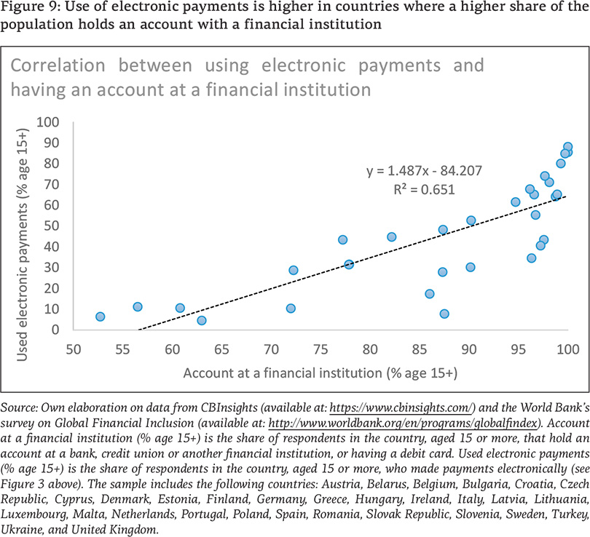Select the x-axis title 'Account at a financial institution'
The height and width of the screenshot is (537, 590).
point(320,373)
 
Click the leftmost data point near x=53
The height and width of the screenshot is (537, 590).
point(101,317)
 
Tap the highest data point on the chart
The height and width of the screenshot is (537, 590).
point(568,147)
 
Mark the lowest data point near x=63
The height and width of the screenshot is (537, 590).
point(202,320)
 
